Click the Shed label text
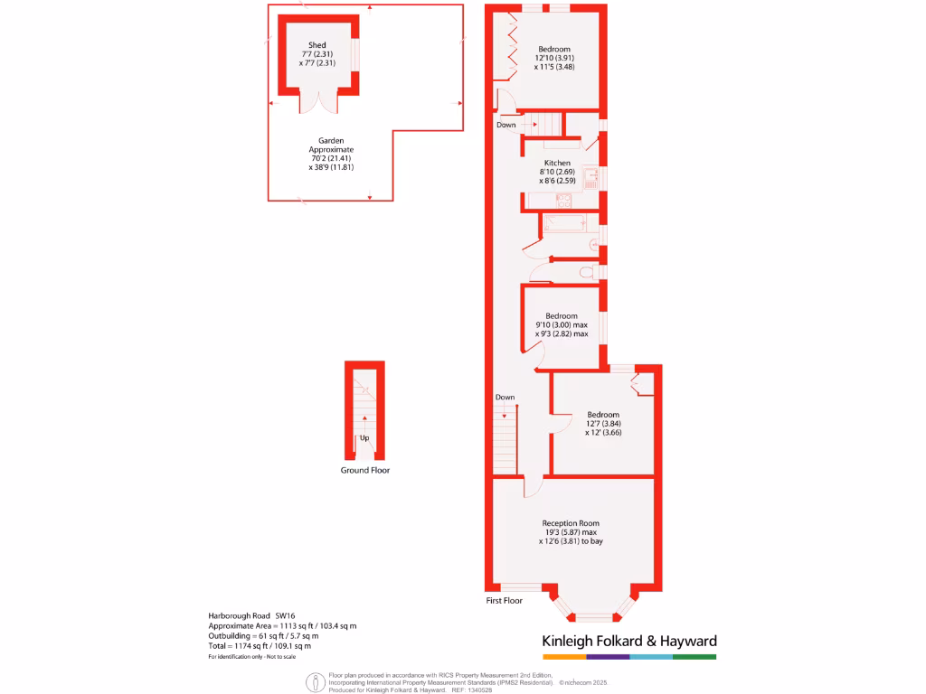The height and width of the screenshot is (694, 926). pos(317,45)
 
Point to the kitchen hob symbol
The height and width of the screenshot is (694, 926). pos(591,176)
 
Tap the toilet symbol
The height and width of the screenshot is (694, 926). pos(586,271)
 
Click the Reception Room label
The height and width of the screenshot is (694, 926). pos(570,523)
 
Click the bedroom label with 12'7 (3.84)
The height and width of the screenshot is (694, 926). pos(602,423)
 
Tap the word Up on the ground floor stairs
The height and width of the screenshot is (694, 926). pos(364,438)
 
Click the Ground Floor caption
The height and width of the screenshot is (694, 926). pos(364,470)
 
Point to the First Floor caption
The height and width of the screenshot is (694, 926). pos(505,601)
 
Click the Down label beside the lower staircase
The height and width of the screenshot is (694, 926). pos(505,398)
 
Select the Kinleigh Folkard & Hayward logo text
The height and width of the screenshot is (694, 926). pos(628,641)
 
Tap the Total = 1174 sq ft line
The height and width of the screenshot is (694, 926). pos(260,645)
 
